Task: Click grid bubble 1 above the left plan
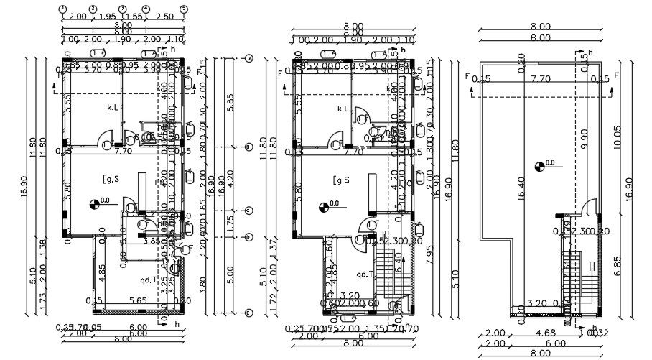coord(62,10)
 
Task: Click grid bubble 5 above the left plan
coord(184,10)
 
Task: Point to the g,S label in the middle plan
coord(341,179)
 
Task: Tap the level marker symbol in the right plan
coord(541,167)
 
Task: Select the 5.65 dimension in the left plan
coord(139,300)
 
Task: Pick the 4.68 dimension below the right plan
coord(545,333)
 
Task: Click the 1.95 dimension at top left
coord(108,17)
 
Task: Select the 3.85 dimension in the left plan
coord(152,240)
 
